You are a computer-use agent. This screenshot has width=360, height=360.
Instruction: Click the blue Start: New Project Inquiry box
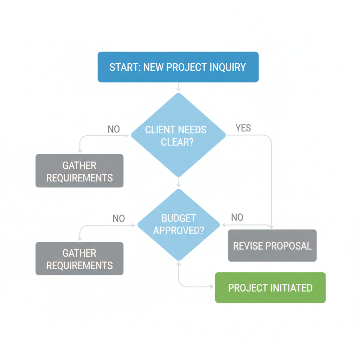tap(178, 67)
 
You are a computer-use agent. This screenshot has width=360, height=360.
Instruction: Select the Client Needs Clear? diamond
tap(178, 135)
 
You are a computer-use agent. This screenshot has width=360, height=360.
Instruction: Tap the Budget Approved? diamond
tap(179, 225)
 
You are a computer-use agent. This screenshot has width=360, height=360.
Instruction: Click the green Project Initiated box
tap(270, 288)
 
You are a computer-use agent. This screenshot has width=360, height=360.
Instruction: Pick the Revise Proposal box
tap(272, 245)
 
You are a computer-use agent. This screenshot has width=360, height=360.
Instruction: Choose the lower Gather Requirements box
tap(79, 259)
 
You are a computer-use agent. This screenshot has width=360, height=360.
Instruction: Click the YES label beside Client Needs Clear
tap(243, 128)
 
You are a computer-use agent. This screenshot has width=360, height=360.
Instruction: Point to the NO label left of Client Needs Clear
tap(114, 129)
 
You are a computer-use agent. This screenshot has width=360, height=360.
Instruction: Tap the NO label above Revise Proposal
tap(237, 217)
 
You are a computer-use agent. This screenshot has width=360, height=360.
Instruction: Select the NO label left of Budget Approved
tap(118, 219)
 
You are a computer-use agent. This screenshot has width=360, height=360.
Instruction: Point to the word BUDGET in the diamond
tap(179, 218)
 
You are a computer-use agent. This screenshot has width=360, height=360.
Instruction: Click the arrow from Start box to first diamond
tap(179, 87)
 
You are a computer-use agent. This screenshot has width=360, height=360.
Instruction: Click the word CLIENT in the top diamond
tap(160, 130)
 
